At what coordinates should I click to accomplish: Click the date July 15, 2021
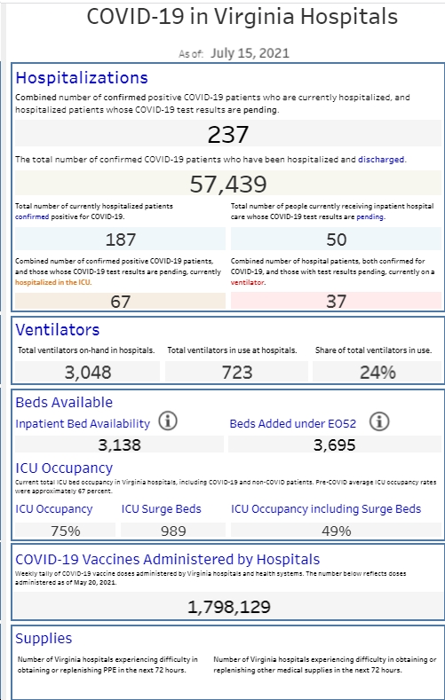point(250,53)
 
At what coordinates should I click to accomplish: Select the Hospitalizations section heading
point(82,78)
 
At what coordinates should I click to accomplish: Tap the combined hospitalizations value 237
point(228,134)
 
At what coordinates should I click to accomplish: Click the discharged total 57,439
point(228,184)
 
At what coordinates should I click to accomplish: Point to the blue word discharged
point(382,160)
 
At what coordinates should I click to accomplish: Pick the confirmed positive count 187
point(121,240)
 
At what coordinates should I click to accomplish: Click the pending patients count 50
point(336,240)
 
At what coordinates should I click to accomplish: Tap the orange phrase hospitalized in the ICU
point(53,283)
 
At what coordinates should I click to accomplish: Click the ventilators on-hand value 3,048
point(88,373)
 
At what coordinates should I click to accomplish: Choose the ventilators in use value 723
point(237,373)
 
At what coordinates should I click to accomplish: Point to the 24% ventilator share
point(378,373)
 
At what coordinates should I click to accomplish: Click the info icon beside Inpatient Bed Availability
point(168,421)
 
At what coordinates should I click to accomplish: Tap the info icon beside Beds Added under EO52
point(379,421)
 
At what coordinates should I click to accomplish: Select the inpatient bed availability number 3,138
point(120,445)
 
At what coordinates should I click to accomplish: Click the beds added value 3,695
point(335,445)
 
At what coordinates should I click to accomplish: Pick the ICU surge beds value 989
point(173,531)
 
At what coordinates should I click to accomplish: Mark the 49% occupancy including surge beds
point(337,531)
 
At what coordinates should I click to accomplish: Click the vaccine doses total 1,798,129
point(229,607)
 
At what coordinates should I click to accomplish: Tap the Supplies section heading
point(44,639)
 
